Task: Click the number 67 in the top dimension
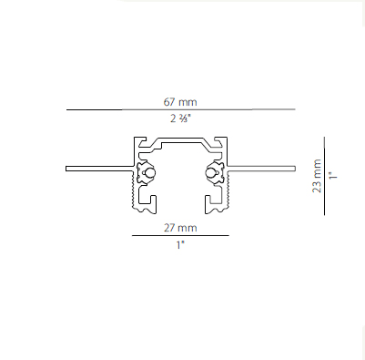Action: (x=169, y=102)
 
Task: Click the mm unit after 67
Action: (x=188, y=103)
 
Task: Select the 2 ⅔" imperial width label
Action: (x=180, y=118)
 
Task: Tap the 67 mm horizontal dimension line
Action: (x=181, y=109)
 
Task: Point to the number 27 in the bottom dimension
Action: (x=169, y=228)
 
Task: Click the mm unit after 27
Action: (x=188, y=229)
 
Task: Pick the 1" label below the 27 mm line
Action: (x=180, y=244)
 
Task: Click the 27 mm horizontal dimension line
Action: (x=180, y=235)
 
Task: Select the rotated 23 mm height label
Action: (x=317, y=176)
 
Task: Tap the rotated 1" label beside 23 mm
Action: (x=333, y=176)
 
